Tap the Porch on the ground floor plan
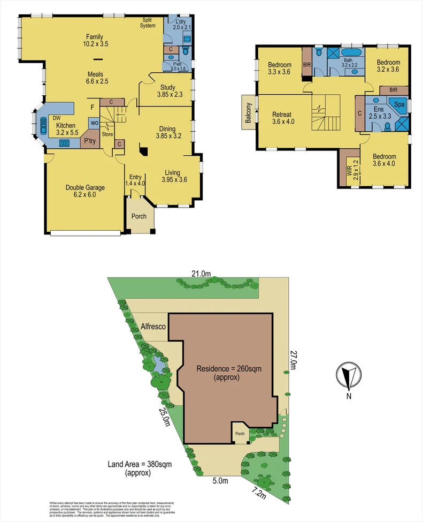coord(139,216)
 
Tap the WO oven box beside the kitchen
coord(94,123)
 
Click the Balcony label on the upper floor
coord(248,113)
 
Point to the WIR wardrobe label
coord(350,170)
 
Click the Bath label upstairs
coord(348,60)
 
